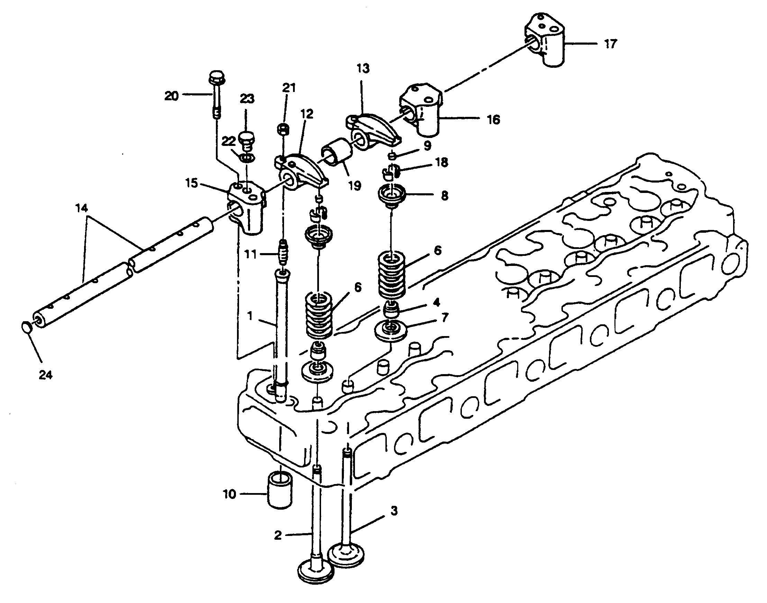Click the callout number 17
click(x=610, y=44)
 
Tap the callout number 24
click(x=46, y=374)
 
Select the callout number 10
click(x=229, y=495)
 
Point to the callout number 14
click(x=81, y=208)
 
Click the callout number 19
click(x=354, y=185)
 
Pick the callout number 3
click(x=394, y=510)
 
